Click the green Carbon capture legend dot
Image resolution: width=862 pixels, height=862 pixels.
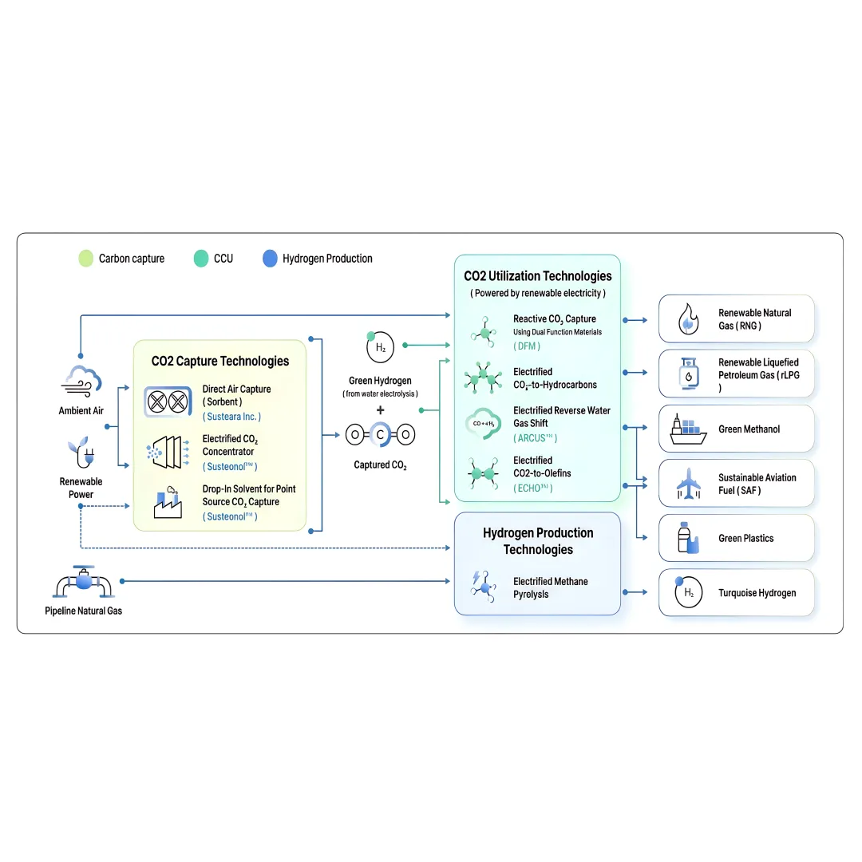pos(85,259)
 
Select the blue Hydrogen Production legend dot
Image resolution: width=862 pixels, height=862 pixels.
pos(270,259)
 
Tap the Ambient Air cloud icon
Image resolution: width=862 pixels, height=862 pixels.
pos(81,381)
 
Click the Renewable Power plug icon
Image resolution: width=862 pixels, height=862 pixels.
pos(81,453)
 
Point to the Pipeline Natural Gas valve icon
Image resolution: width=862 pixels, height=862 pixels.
pos(84,582)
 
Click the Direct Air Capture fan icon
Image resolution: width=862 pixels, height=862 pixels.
pos(168,401)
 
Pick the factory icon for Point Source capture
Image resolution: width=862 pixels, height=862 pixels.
pos(168,503)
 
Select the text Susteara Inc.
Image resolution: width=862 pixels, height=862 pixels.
pos(231,417)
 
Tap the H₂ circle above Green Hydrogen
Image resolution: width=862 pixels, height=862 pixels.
pos(380,347)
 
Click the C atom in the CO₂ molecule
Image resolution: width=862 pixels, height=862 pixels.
pos(380,435)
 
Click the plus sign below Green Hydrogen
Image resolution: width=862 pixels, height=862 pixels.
pos(380,410)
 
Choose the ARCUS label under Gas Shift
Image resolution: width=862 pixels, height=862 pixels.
pos(535,438)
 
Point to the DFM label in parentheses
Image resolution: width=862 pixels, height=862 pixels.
pos(527,346)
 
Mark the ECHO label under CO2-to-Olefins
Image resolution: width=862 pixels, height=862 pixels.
pos(533,488)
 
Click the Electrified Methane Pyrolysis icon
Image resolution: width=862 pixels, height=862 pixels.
pos(484,587)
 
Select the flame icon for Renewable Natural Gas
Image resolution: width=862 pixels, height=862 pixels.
pos(688,318)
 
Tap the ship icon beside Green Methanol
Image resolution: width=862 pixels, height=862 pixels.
pos(688,429)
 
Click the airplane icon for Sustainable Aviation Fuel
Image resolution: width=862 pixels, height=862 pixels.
pos(688,483)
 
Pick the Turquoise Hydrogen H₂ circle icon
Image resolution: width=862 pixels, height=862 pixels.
pos(688,592)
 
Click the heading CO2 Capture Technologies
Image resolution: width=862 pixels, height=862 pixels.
pos(220,362)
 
